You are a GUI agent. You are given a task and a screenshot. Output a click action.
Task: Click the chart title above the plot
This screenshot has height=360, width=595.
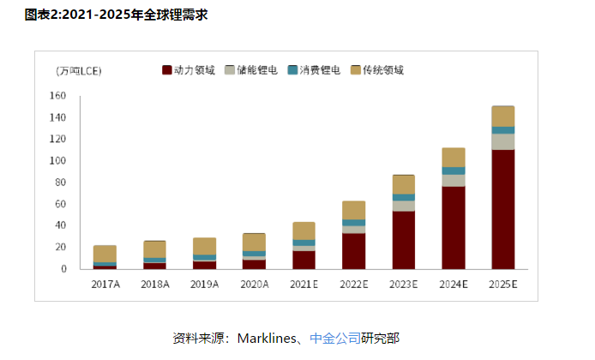tap(117, 15)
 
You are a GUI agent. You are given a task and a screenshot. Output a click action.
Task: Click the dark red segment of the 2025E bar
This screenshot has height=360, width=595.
tap(502, 210)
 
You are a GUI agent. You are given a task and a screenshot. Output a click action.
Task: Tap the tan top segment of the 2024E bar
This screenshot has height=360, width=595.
tap(453, 157)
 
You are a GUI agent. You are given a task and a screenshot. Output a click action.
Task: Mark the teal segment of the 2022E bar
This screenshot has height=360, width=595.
tap(353, 223)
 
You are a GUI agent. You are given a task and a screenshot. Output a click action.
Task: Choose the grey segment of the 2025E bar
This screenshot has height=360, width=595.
tap(502, 141)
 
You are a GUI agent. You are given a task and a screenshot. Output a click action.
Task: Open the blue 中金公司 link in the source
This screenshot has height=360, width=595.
tap(335, 338)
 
